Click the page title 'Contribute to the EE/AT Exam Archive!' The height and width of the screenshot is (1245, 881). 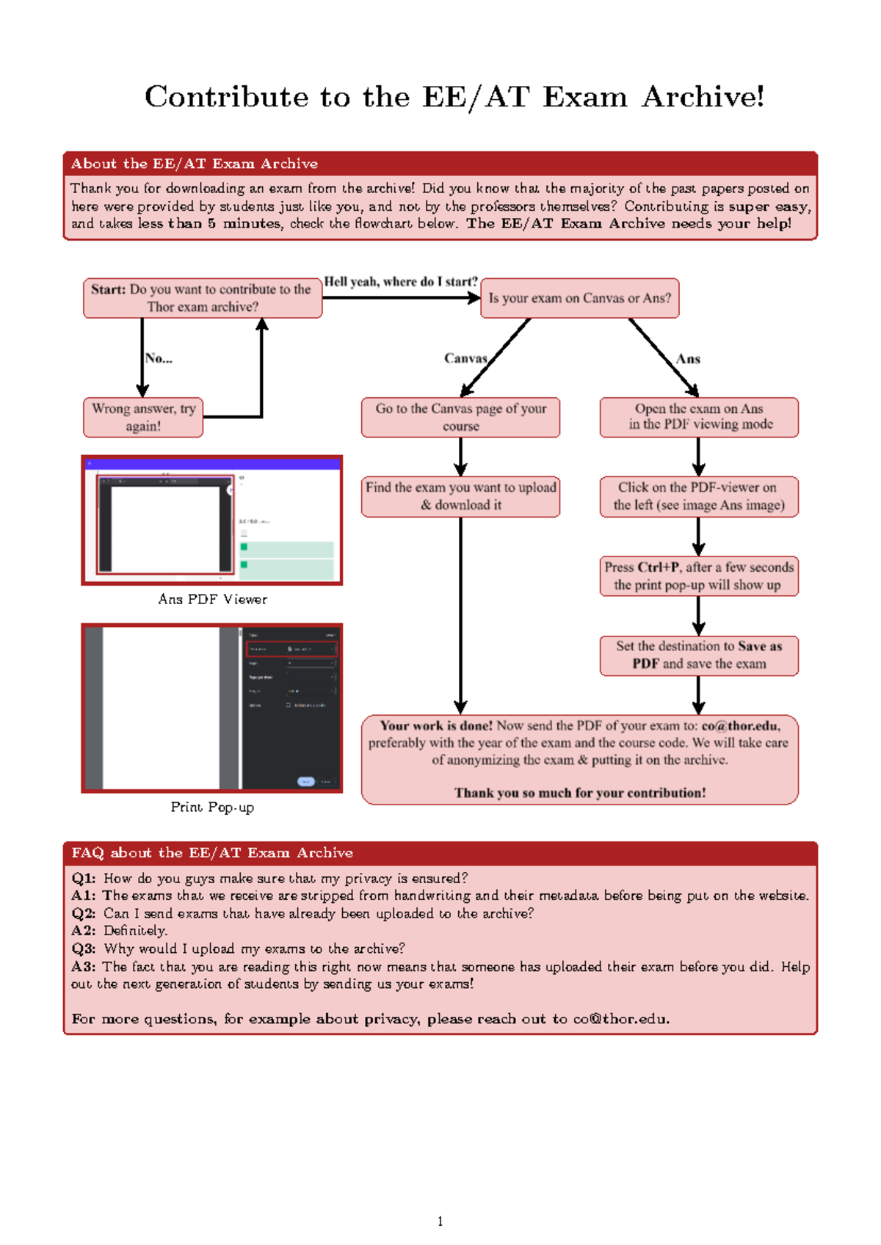click(454, 97)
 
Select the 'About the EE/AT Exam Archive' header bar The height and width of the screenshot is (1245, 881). click(440, 163)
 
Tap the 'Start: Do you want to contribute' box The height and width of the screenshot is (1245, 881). click(203, 298)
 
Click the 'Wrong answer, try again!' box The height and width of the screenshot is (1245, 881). click(143, 417)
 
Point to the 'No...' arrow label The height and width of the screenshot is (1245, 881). click(159, 358)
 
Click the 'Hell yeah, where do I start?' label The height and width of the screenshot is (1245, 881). click(401, 282)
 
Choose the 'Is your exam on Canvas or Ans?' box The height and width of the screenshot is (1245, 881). click(579, 298)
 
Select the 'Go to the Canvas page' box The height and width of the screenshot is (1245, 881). click(460, 417)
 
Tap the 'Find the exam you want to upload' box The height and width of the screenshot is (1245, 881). click(460, 496)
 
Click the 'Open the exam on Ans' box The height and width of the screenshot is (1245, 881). click(699, 417)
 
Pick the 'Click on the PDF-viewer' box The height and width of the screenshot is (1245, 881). click(699, 496)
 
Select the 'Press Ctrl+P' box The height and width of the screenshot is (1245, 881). click(699, 576)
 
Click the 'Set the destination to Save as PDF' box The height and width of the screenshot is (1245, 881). click(699, 655)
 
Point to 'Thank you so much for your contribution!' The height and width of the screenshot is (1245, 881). click(579, 793)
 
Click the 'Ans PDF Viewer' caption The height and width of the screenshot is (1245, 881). click(212, 599)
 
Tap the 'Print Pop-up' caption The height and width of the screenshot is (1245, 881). click(212, 807)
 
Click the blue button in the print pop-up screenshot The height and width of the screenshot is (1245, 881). click(305, 782)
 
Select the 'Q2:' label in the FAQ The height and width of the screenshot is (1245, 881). click(84, 913)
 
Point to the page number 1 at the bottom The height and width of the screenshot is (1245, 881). click(440, 1222)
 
